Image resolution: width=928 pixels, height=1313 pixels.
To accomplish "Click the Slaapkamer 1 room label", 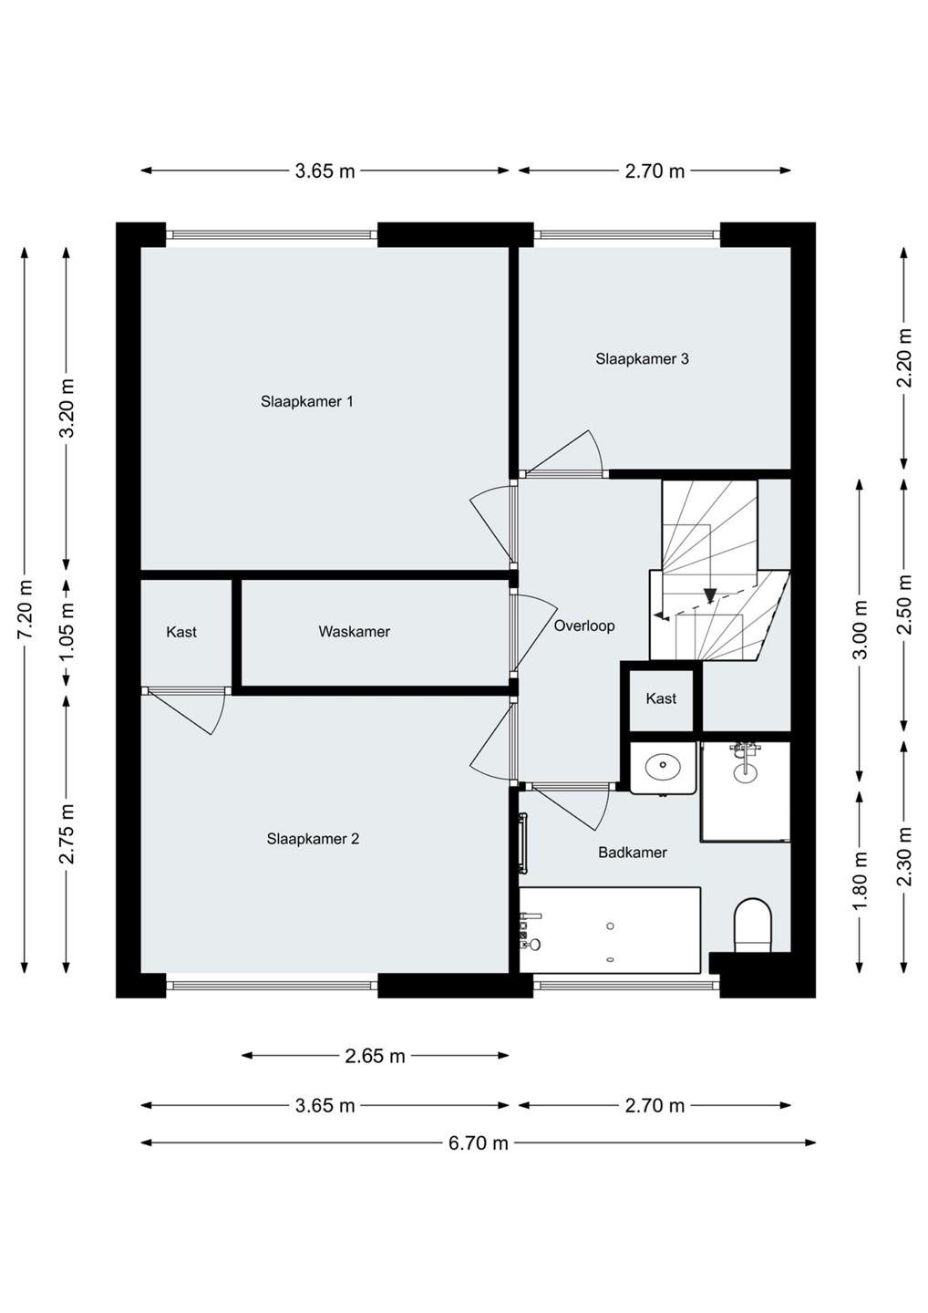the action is pos(307,401).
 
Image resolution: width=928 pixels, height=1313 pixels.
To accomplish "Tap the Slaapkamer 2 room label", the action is pos(313,839).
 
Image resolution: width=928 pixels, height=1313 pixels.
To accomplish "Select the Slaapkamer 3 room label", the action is pos(642,358).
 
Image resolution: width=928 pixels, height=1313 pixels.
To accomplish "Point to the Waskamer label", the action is pos(355,631).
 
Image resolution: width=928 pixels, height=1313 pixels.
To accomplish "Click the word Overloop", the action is pos(584,626).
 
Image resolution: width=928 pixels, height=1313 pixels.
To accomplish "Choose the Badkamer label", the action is pos(633,853).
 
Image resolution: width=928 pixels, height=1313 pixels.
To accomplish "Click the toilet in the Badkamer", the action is pos(753,926).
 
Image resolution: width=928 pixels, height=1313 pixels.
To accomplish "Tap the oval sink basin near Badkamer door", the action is pos(664,765).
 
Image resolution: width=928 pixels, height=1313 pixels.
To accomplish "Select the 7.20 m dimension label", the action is pos(25,610).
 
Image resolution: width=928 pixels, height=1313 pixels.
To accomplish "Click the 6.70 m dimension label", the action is pos(478,1142).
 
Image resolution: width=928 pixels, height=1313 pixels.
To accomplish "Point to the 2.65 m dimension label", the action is pos(375,1056).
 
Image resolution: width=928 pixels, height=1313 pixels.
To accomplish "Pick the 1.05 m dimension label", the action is pos(67,632).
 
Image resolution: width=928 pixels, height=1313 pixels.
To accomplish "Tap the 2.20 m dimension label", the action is pos(905,357).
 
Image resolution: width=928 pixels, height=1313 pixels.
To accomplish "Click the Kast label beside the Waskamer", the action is pos(181,632).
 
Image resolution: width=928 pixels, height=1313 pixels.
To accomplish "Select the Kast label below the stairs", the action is pos(662,698).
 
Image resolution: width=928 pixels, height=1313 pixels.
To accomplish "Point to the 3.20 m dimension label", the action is pos(67,408).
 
